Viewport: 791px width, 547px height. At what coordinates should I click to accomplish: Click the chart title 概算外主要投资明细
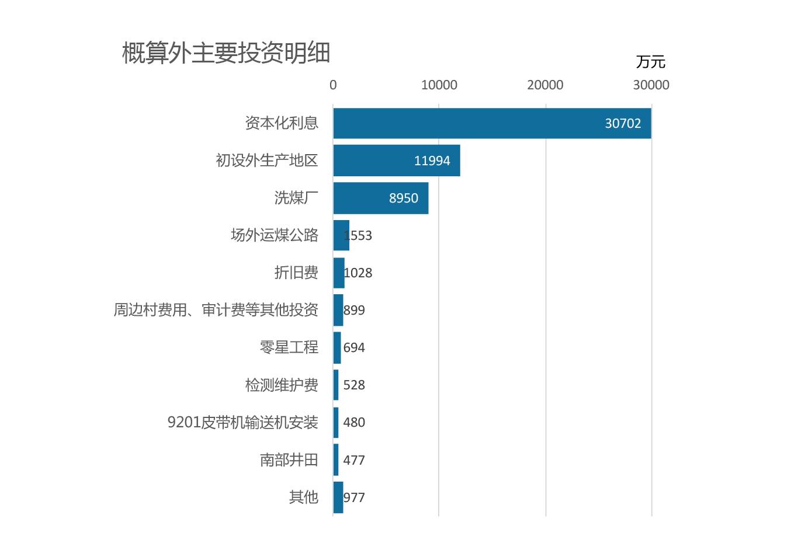(x=226, y=53)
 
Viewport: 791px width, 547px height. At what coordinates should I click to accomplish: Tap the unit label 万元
(x=650, y=62)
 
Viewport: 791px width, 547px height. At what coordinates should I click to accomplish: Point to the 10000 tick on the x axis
(x=439, y=85)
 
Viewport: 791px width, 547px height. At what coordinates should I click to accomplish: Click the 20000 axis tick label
(x=545, y=85)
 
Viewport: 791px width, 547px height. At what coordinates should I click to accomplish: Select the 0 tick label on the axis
(x=333, y=85)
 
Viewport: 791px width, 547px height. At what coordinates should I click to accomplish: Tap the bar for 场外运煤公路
(x=341, y=235)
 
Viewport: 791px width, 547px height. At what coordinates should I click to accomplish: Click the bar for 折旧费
(x=339, y=273)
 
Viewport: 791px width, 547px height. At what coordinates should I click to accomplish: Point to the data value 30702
(x=623, y=124)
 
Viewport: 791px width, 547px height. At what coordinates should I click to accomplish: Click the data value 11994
(x=432, y=161)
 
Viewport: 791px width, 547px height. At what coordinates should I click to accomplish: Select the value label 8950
(x=404, y=198)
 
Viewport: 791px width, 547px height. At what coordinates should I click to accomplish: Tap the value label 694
(x=354, y=348)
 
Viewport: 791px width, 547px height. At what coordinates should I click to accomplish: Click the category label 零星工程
(x=289, y=347)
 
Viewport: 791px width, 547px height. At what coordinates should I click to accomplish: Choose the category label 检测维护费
(x=282, y=385)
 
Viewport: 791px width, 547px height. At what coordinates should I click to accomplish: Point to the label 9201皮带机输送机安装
(x=242, y=422)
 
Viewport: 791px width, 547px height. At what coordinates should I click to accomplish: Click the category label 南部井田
(x=289, y=460)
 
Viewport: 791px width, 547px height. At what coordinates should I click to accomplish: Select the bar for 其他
(x=338, y=497)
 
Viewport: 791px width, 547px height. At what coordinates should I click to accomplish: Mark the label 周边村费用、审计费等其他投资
(x=216, y=310)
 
